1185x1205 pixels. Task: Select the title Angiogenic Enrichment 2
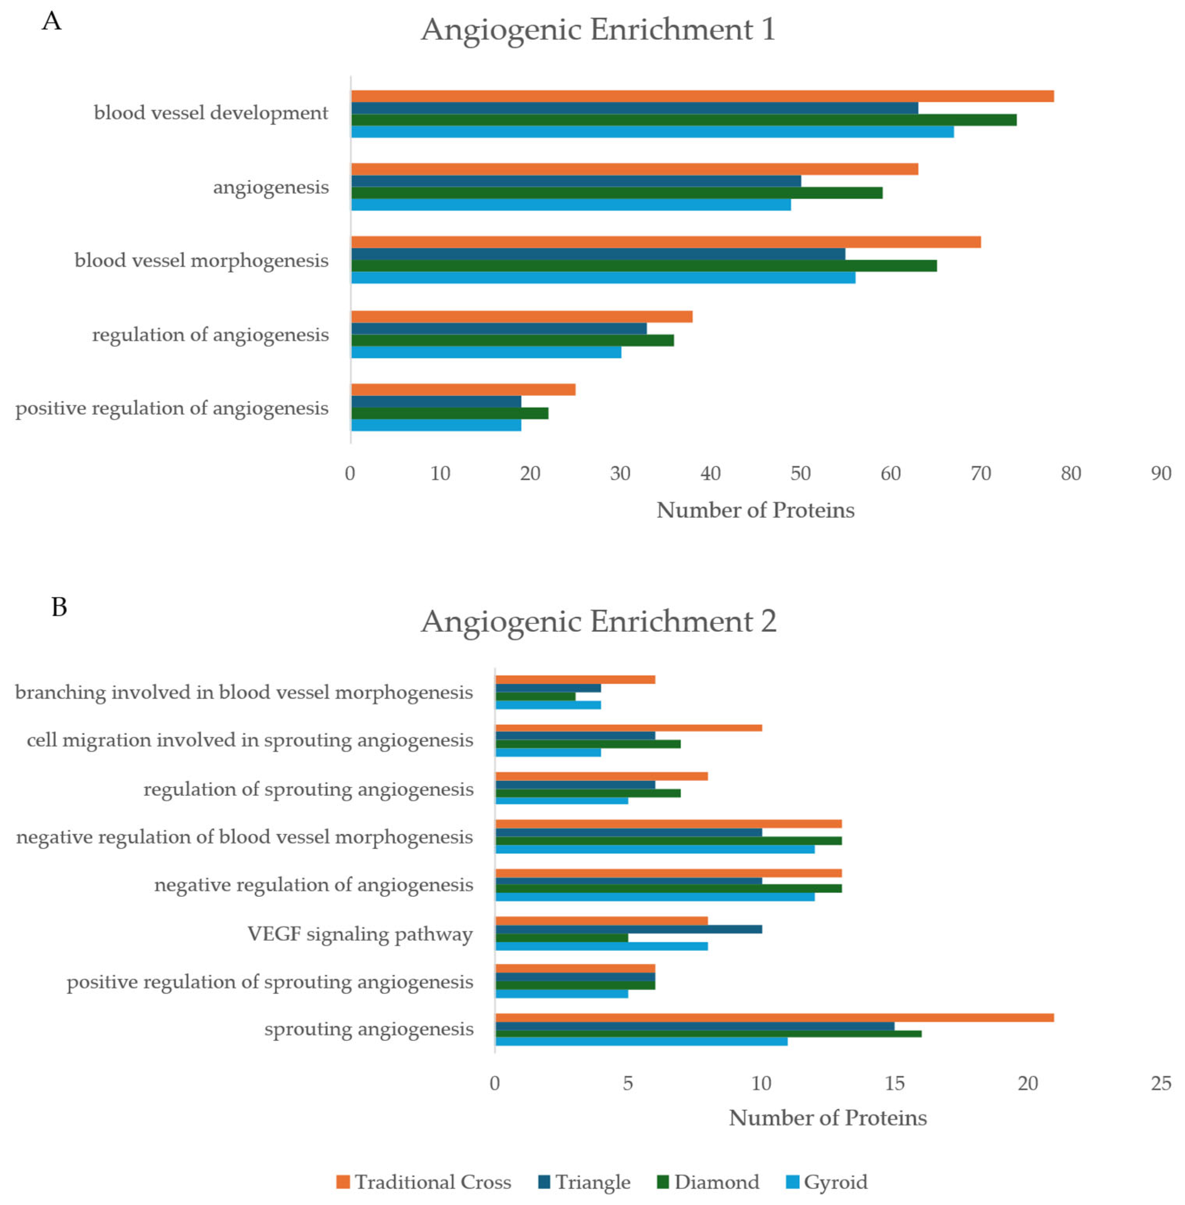[598, 621]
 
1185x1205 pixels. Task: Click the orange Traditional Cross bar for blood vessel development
[702, 96]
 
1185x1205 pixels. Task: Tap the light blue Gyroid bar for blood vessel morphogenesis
[602, 277]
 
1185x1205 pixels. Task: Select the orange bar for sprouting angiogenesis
[774, 1018]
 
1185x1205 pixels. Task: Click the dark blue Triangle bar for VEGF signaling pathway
[628, 929]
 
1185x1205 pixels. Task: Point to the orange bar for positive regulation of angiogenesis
[463, 390]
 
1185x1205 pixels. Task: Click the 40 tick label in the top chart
[710, 474]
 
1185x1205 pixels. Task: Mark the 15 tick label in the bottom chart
[894, 1084]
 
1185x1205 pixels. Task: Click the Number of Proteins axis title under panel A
[755, 510]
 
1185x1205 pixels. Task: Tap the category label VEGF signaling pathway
[360, 934]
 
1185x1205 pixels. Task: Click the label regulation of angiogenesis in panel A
[210, 335]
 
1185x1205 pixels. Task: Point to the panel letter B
[59, 607]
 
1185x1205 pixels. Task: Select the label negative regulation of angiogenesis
[314, 885]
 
